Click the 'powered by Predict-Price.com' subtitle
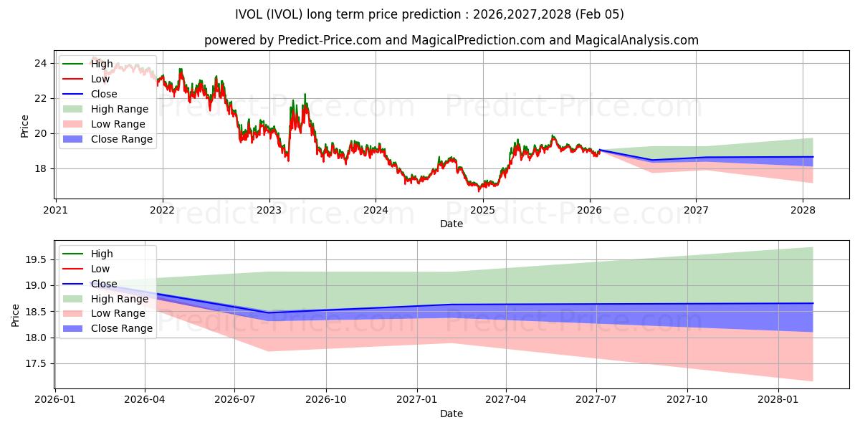pyautogui.click(x=451, y=40)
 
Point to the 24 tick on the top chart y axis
pyautogui.click(x=42, y=63)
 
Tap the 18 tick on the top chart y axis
pyautogui.click(x=42, y=168)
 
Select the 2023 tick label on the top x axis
pyautogui.click(x=269, y=210)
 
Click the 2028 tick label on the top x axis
pyautogui.click(x=803, y=210)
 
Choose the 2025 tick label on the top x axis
pyautogui.click(x=482, y=210)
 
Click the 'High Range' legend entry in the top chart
pyautogui.click(x=119, y=109)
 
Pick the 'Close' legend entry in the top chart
pyautogui.click(x=104, y=94)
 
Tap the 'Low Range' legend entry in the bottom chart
pyautogui.click(x=118, y=313)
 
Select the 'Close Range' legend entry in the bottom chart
pyautogui.click(x=121, y=328)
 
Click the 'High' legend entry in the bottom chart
pyautogui.click(x=102, y=254)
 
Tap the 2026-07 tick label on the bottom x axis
pyautogui.click(x=235, y=399)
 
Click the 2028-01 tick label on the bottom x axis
pyautogui.click(x=778, y=399)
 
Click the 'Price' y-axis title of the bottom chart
pyautogui.click(x=16, y=315)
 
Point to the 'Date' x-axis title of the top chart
pyautogui.click(x=451, y=224)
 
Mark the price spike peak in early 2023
pyautogui.click(x=305, y=94)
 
